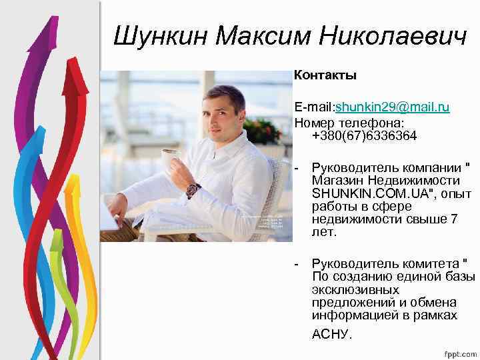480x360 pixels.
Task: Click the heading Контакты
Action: (x=326, y=75)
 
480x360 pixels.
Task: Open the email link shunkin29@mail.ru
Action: (x=393, y=107)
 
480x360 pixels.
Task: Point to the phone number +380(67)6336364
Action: (x=364, y=136)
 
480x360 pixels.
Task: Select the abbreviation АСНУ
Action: (x=331, y=334)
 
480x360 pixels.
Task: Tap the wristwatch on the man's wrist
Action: (x=193, y=190)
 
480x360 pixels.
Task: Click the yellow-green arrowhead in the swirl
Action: (x=56, y=240)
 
